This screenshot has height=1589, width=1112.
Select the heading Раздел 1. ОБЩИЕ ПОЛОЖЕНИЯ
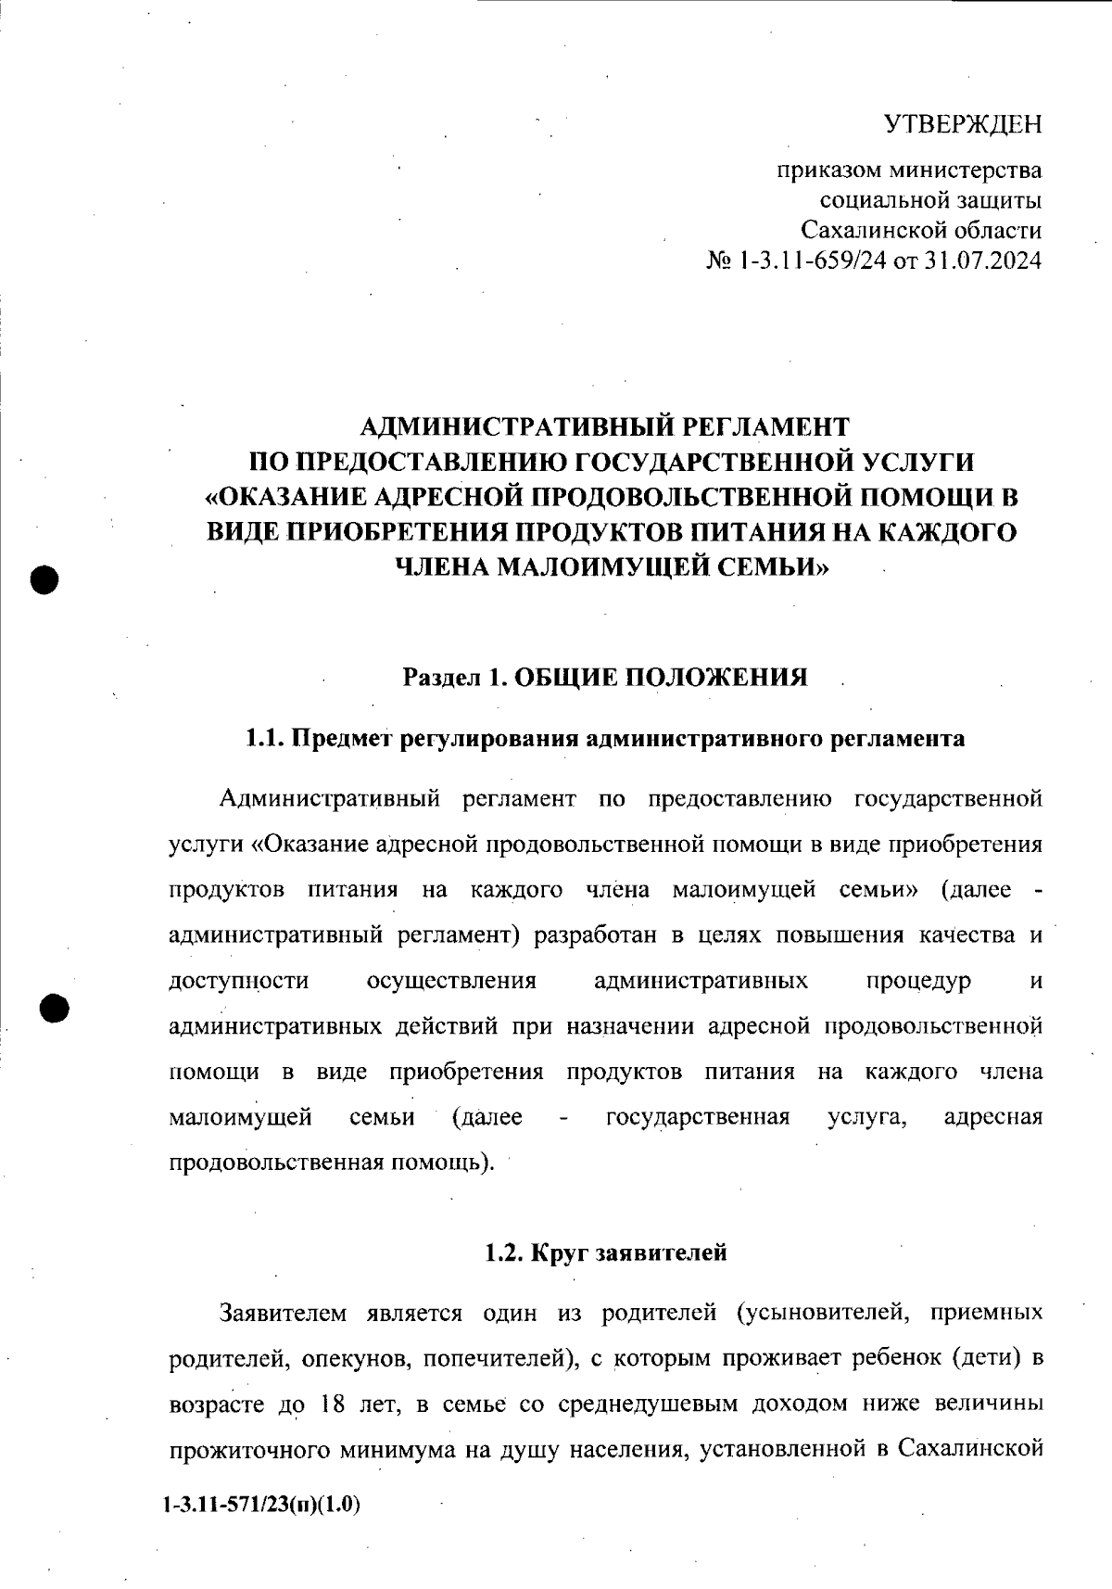(x=604, y=678)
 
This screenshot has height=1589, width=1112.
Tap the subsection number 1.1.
(x=262, y=739)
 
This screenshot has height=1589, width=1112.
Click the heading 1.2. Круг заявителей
(x=605, y=1252)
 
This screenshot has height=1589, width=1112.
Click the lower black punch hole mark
(x=55, y=1008)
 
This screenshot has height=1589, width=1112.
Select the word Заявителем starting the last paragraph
(x=283, y=1314)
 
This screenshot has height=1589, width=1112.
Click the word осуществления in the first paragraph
(x=451, y=982)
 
